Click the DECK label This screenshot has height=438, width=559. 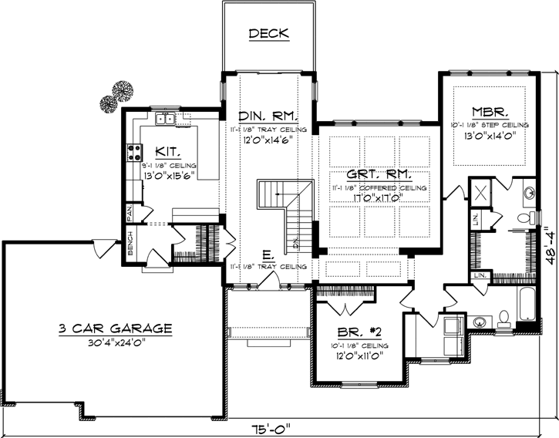(268, 33)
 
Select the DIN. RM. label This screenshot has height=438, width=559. (268, 116)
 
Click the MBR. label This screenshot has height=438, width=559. (489, 111)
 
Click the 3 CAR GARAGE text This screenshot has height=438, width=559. (114, 328)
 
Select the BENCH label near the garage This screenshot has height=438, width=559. (130, 244)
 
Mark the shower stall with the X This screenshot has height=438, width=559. (479, 193)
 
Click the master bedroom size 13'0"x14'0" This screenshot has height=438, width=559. (489, 135)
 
